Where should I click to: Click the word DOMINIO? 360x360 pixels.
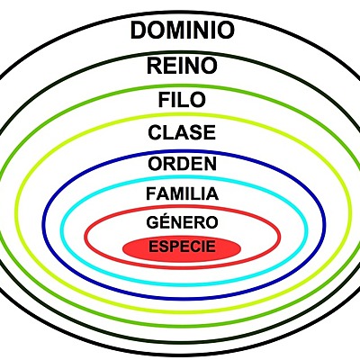pyautogui.click(x=182, y=31)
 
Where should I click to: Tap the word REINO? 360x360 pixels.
pyautogui.click(x=182, y=66)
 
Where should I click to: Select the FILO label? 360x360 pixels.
pyautogui.click(x=182, y=100)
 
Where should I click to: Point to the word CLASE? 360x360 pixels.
pyautogui.click(x=182, y=133)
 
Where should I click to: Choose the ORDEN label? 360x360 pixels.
pyautogui.click(x=182, y=165)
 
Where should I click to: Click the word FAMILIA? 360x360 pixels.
pyautogui.click(x=182, y=193)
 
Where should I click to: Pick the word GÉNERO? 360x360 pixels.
pyautogui.click(x=182, y=221)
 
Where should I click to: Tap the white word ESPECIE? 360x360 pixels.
pyautogui.click(x=182, y=247)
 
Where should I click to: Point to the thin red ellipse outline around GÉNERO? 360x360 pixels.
pyautogui.click(x=85, y=236)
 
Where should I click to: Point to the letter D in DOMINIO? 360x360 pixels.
pyautogui.click(x=139, y=31)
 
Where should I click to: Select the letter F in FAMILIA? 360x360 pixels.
pyautogui.click(x=149, y=193)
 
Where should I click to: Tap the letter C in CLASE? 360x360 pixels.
pyautogui.click(x=155, y=133)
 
